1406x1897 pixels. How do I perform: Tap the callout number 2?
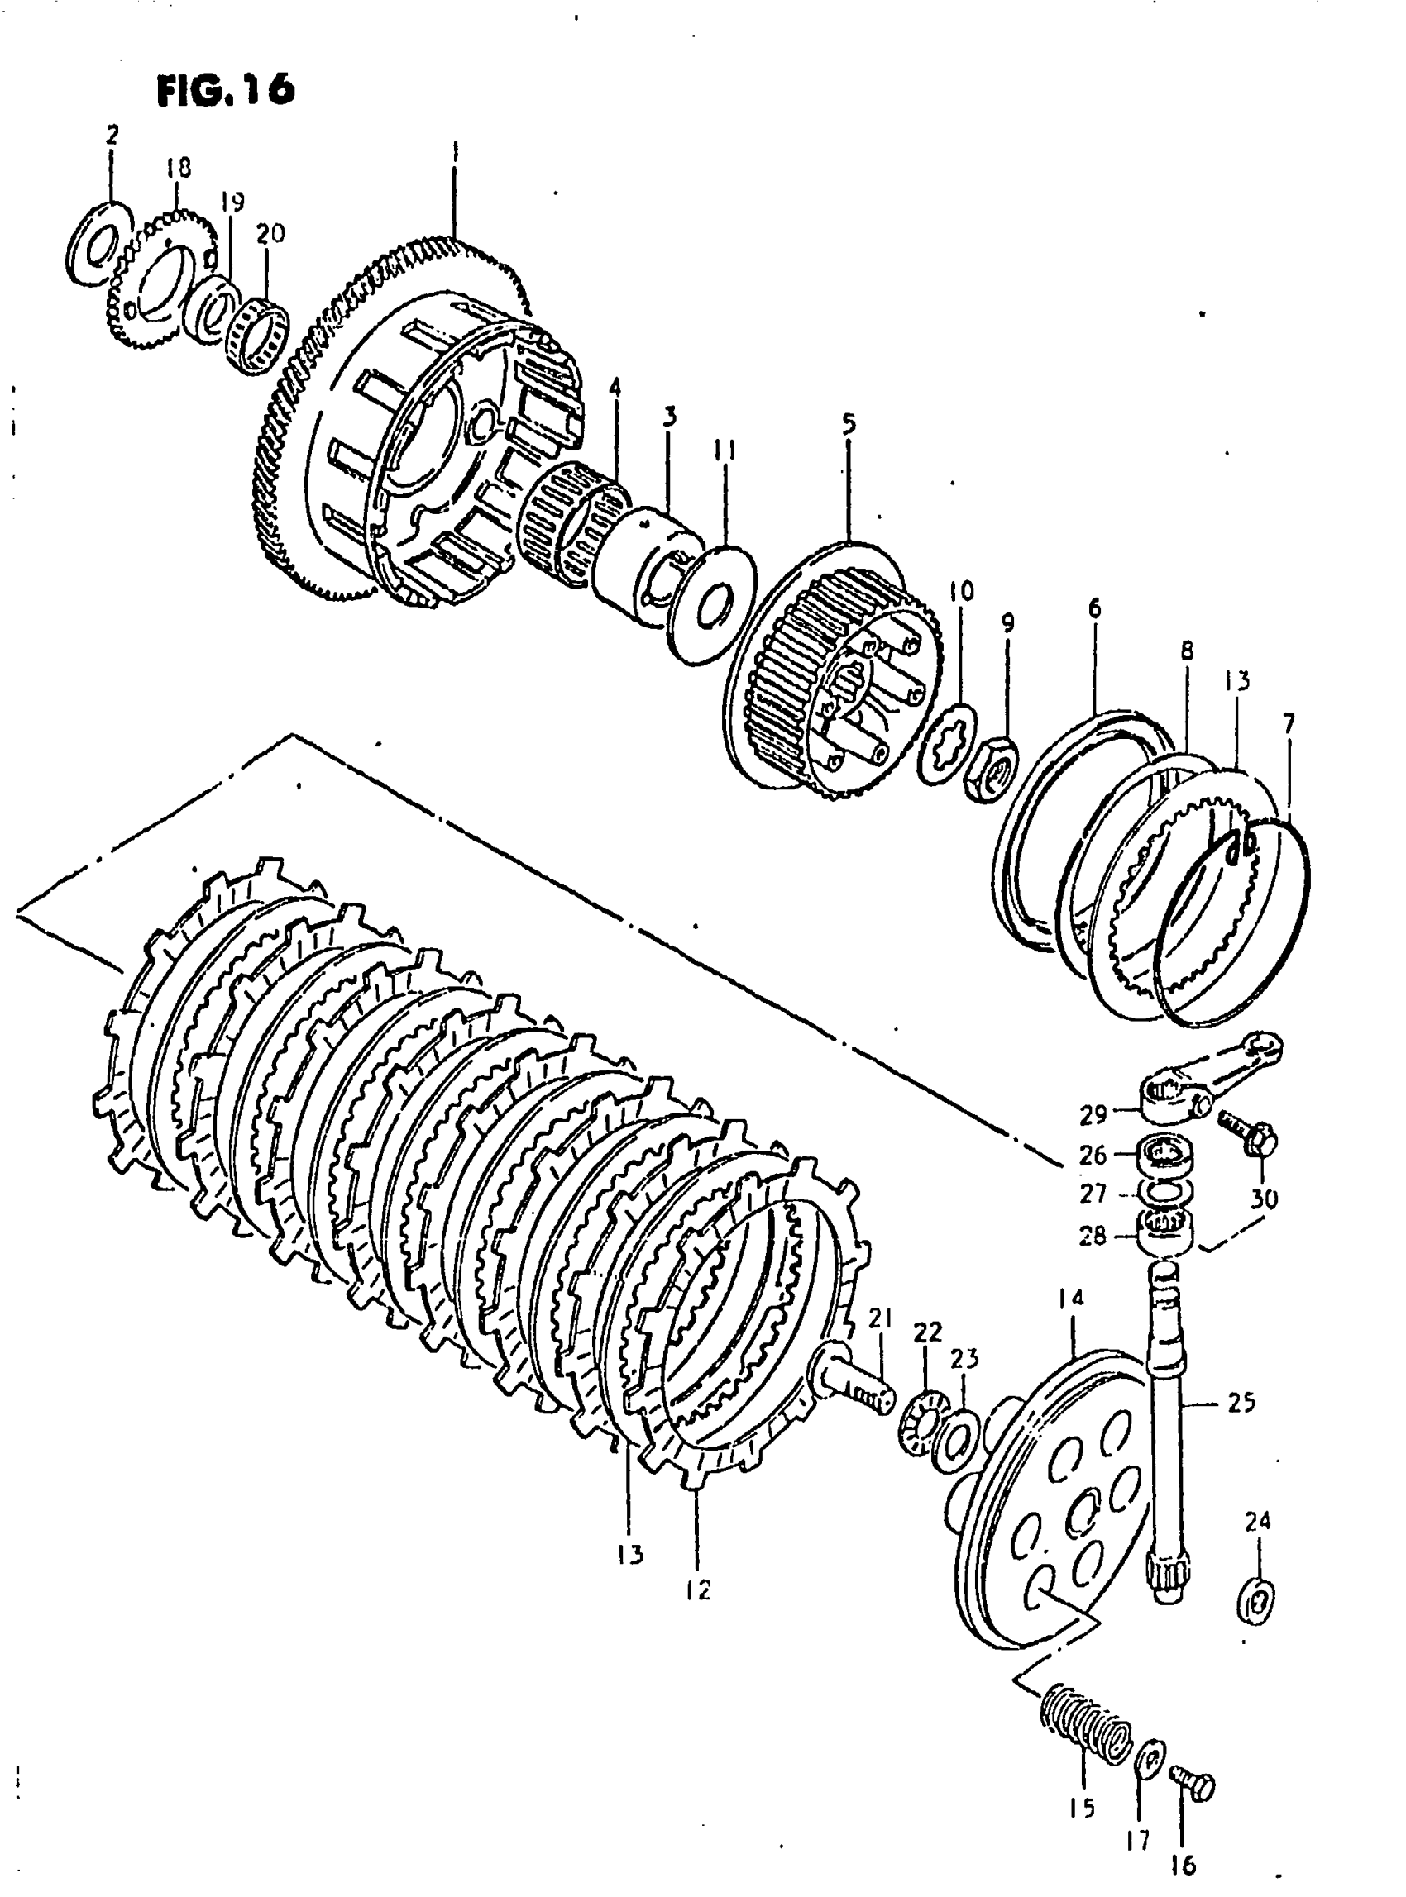tap(112, 135)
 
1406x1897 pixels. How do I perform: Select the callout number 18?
tap(178, 168)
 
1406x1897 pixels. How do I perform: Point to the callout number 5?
tap(849, 424)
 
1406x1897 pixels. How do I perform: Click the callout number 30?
tap(1264, 1199)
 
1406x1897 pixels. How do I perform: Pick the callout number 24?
tap(1257, 1519)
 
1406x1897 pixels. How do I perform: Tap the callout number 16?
tap(1183, 1866)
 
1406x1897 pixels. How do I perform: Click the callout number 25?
tap(1241, 1402)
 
